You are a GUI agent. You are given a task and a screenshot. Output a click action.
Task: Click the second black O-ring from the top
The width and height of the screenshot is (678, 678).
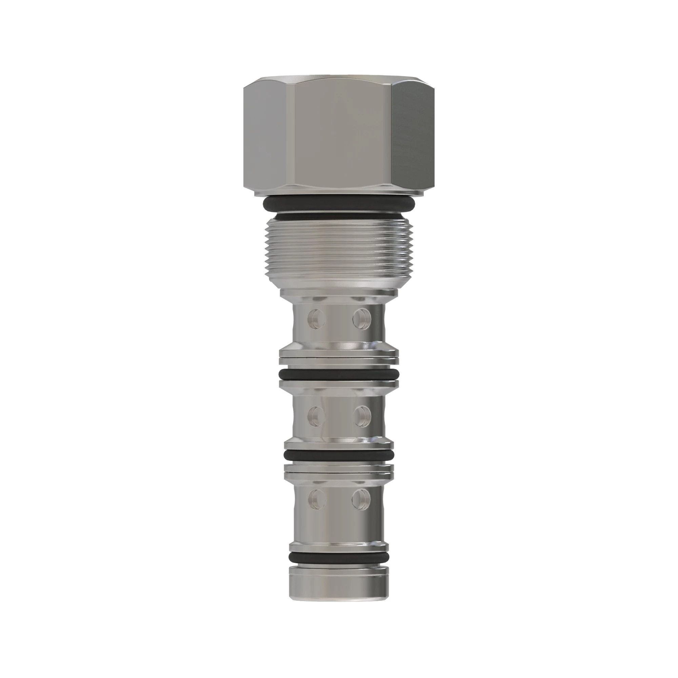(339, 374)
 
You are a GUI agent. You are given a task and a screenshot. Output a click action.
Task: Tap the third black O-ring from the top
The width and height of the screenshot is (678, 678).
(339, 456)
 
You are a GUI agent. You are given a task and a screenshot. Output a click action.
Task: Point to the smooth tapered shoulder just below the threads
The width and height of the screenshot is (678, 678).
(339, 281)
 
